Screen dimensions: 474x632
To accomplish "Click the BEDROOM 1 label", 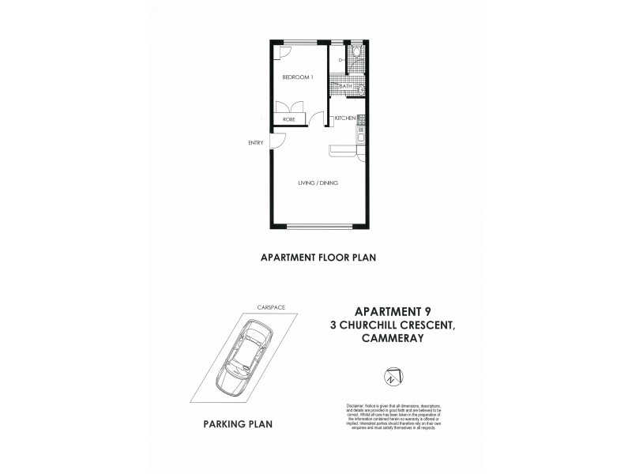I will pos(299,77).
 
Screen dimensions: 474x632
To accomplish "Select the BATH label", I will pos(345,85).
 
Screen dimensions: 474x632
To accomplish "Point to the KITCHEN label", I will pos(345,118).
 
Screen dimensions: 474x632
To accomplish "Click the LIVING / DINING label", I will pos(318,183).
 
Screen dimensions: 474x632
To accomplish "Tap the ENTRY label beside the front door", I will pos(255,143).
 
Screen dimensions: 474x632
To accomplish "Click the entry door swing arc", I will pos(278,140).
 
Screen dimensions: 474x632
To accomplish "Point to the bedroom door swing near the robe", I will pos(318,118).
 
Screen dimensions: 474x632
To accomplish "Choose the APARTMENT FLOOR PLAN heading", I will pos(316,257).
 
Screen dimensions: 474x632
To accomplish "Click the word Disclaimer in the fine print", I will pos(358,404).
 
